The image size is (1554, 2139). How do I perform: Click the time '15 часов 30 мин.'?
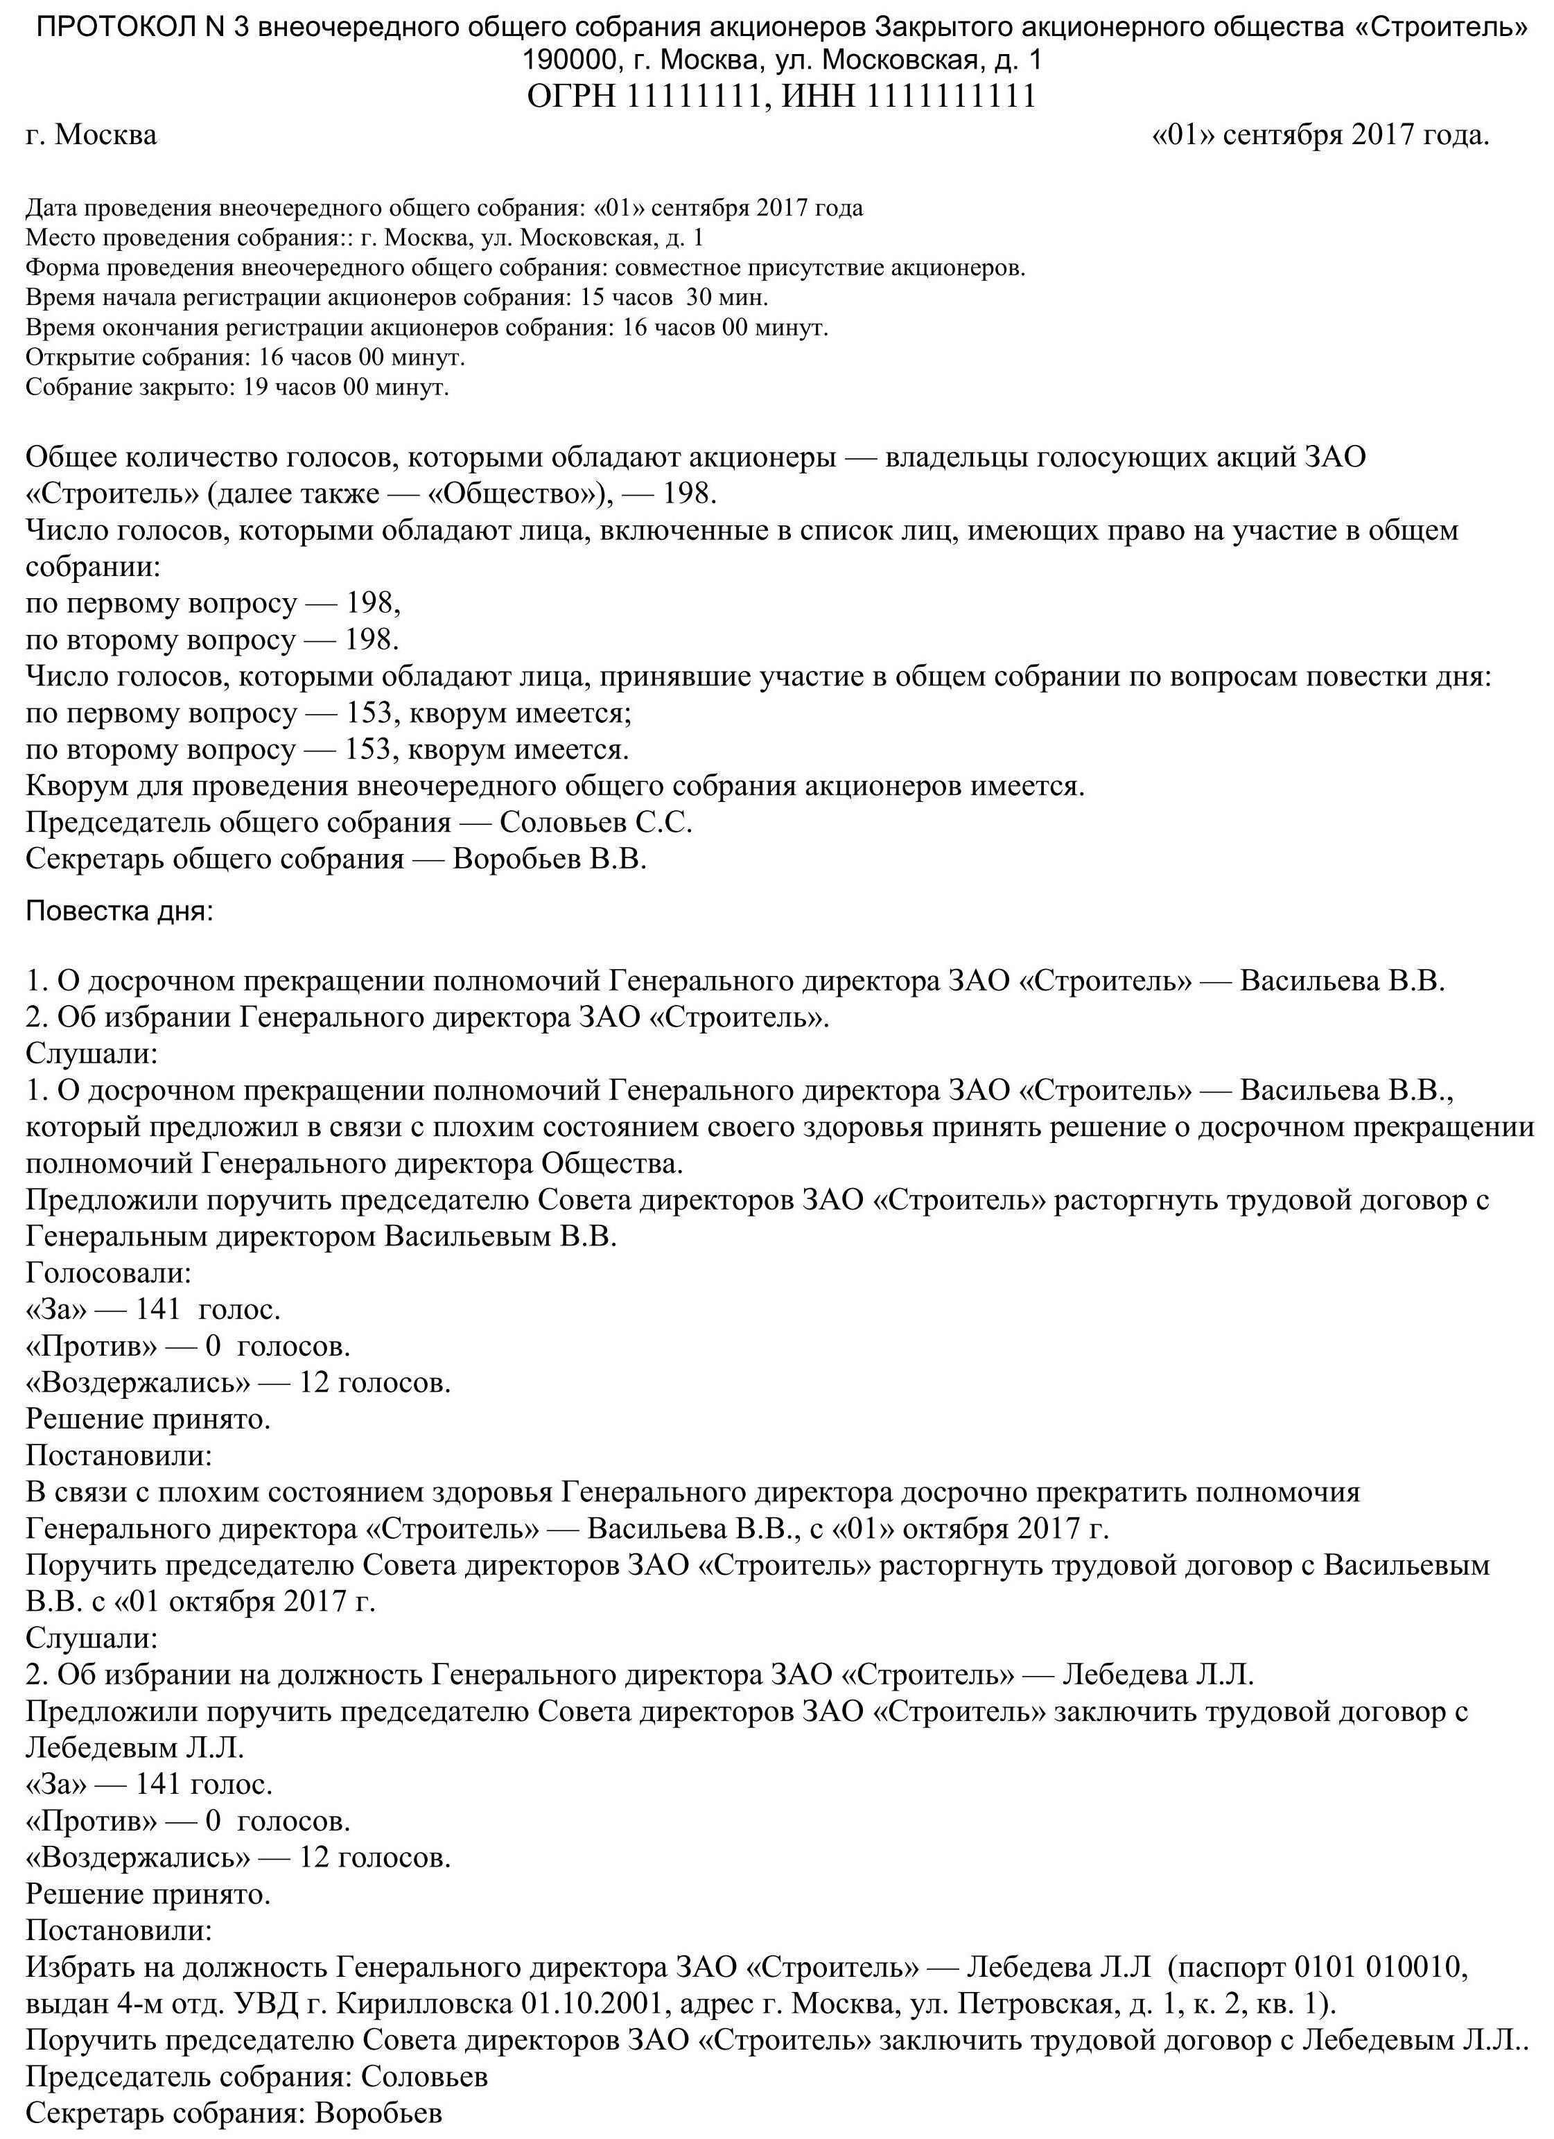tap(675, 298)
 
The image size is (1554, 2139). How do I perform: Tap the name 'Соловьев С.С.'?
tap(596, 823)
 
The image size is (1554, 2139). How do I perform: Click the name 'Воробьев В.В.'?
tap(550, 859)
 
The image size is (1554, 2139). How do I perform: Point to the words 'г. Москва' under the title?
tap(91, 136)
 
